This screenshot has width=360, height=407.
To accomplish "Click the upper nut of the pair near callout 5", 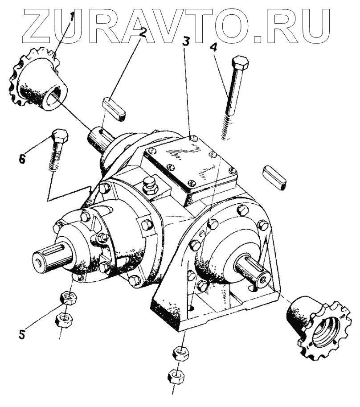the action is click(x=66, y=298).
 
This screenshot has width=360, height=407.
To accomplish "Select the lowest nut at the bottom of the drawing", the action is click(x=174, y=378).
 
